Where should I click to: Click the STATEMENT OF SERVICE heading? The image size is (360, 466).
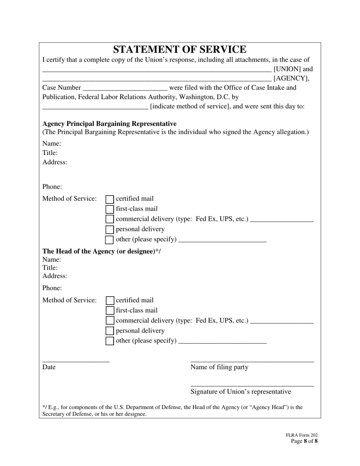click(x=180, y=50)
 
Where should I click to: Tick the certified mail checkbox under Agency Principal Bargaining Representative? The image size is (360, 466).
click(x=110, y=199)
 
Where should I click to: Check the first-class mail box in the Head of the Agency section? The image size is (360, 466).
click(x=110, y=311)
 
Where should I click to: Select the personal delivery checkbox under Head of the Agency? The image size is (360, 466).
click(x=110, y=331)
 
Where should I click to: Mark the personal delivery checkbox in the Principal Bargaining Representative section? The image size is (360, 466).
click(x=110, y=229)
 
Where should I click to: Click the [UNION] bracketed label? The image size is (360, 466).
click(x=293, y=69)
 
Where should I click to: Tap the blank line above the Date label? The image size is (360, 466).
click(x=76, y=361)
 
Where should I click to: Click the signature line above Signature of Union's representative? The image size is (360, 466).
click(x=252, y=385)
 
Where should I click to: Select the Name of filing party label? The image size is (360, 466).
click(x=219, y=367)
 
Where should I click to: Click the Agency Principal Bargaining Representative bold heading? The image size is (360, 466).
click(x=110, y=124)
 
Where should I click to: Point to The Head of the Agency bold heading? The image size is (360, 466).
click(x=102, y=251)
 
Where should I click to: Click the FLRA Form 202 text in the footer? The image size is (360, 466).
click(x=302, y=435)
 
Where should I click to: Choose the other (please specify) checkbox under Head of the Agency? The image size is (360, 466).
click(x=110, y=341)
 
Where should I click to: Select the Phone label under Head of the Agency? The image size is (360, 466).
click(x=52, y=288)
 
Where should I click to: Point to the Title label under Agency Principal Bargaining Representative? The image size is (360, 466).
click(x=50, y=153)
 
